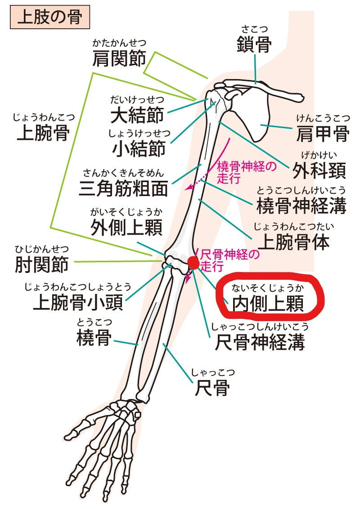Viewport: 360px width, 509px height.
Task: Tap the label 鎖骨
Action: (x=254, y=45)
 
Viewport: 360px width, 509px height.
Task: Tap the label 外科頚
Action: (x=319, y=170)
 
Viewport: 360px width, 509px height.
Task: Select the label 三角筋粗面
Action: (x=123, y=188)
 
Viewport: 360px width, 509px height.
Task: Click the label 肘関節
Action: (x=42, y=264)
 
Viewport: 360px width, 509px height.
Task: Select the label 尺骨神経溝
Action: (x=260, y=343)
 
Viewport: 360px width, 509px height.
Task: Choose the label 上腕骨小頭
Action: (x=78, y=304)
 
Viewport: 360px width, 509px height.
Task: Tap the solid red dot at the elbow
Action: (x=193, y=263)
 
